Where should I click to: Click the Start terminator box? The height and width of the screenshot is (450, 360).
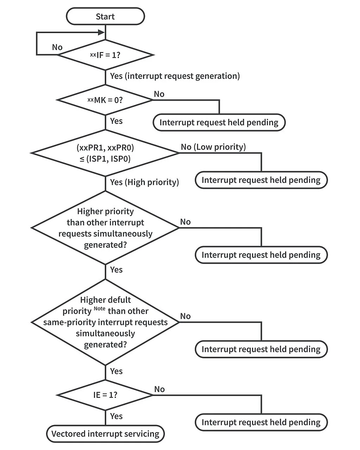pyautogui.click(x=105, y=17)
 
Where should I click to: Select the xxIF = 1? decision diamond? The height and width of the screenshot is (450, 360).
pyautogui.click(x=105, y=55)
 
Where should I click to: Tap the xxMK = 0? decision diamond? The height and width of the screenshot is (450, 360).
pyautogui.click(x=105, y=100)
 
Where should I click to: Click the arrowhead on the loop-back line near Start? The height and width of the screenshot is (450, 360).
pyautogui.click(x=101, y=32)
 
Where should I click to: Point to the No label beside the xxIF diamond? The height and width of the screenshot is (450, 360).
pyautogui.click(x=57, y=47)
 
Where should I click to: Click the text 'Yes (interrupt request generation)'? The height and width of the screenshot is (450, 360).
pyautogui.click(x=175, y=76)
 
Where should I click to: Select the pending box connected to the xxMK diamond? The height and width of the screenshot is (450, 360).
pyautogui.click(x=219, y=122)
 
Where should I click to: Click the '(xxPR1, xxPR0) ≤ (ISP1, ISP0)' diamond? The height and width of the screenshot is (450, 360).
pyautogui.click(x=105, y=153)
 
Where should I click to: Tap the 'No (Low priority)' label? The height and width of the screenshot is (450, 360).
pyautogui.click(x=213, y=147)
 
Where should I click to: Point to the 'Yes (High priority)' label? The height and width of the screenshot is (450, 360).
pyautogui.click(x=144, y=182)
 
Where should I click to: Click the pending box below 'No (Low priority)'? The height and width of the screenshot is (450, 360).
pyautogui.click(x=261, y=180)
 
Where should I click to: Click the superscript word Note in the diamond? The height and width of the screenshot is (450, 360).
pyautogui.click(x=99, y=309)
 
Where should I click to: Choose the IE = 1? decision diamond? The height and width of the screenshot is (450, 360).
pyautogui.click(x=105, y=395)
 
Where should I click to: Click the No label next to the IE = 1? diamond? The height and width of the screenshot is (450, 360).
pyautogui.click(x=159, y=389)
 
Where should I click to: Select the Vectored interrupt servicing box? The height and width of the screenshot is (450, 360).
pyautogui.click(x=105, y=434)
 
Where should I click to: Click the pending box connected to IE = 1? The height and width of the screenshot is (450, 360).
pyautogui.click(x=261, y=422)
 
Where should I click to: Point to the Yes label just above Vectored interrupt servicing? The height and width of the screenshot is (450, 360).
pyautogui.click(x=116, y=416)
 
